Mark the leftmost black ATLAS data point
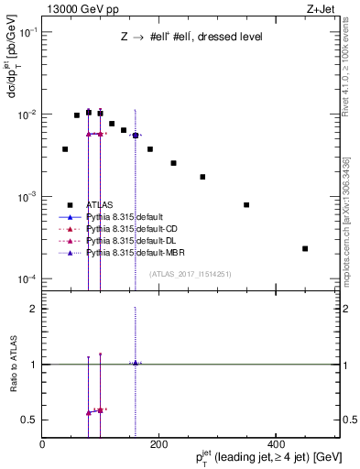[x=65, y=148]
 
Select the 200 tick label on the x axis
[x=158, y=443]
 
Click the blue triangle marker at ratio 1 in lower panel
[x=136, y=364]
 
